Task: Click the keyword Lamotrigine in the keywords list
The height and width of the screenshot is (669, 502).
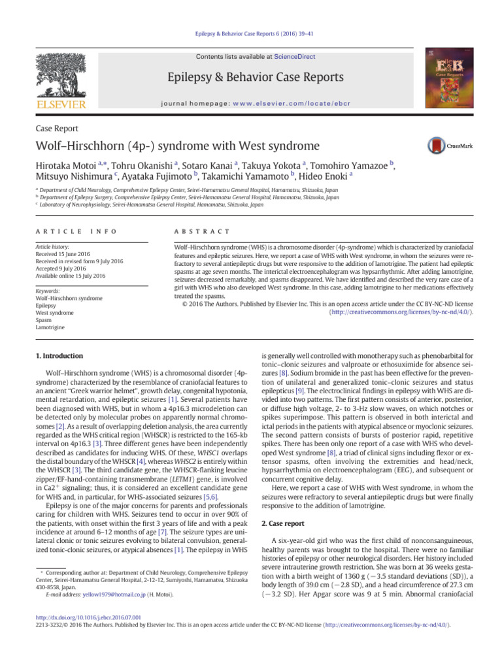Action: (52, 327)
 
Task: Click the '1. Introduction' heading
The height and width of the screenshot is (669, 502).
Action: (59, 356)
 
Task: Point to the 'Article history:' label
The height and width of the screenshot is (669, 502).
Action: (54, 248)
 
